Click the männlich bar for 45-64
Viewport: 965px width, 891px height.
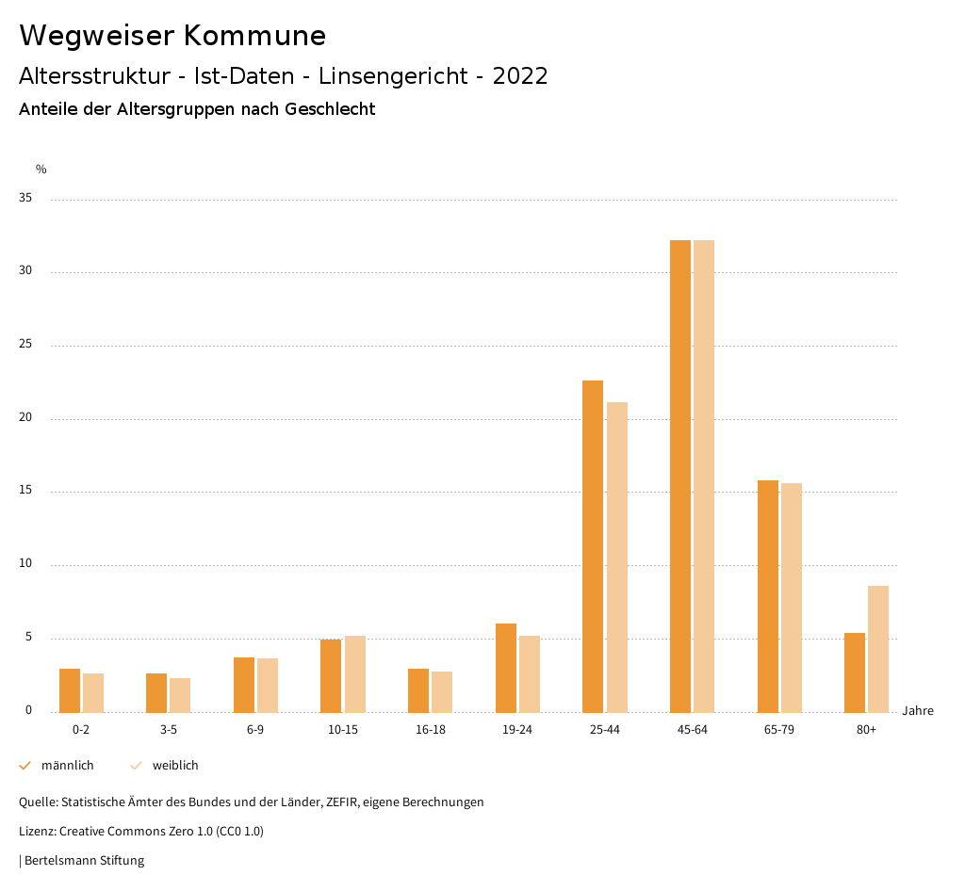(680, 476)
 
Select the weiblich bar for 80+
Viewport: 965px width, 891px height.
(878, 649)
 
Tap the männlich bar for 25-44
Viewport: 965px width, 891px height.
(593, 546)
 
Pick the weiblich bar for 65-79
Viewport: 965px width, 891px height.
(792, 597)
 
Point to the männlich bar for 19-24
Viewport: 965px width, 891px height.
(506, 668)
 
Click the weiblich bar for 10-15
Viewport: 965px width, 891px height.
(354, 673)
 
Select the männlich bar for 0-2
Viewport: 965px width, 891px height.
(70, 690)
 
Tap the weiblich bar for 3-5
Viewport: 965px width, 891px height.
(180, 695)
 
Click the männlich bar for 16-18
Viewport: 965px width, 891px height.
(418, 690)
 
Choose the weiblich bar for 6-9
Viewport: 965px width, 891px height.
(268, 685)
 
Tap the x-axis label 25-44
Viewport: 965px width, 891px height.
(605, 731)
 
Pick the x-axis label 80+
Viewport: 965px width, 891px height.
(866, 731)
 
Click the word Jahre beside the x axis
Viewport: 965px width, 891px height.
(918, 711)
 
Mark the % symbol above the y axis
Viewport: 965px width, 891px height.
(41, 170)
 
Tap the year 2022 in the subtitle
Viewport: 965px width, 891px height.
(520, 76)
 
